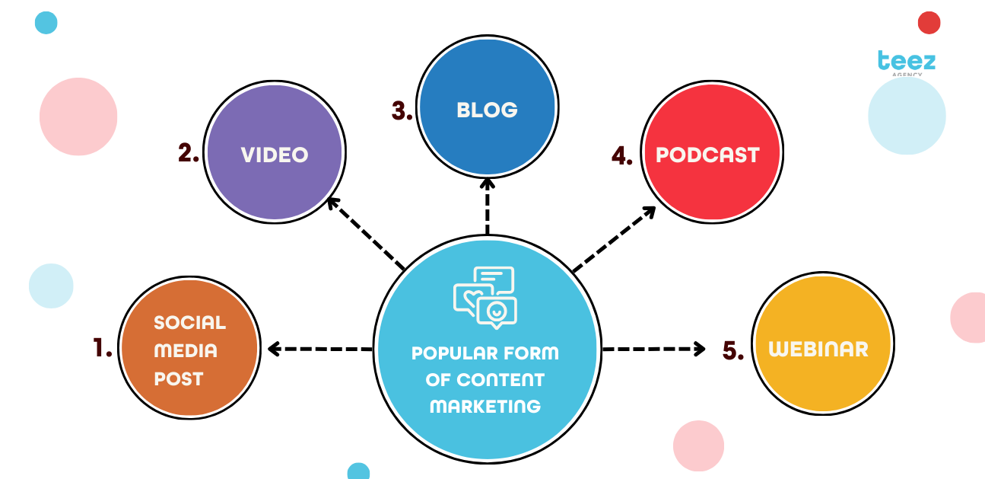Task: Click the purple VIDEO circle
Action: (x=275, y=155)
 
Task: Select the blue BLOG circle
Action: (x=487, y=109)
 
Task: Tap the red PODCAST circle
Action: (x=710, y=155)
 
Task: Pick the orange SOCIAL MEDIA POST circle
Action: (x=189, y=350)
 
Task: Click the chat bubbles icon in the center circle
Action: (x=485, y=297)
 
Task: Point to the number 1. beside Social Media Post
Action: (x=103, y=348)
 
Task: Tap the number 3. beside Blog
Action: (x=402, y=110)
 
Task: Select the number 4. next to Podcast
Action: (x=622, y=156)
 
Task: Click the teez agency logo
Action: (x=906, y=62)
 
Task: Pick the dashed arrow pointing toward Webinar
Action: (x=654, y=349)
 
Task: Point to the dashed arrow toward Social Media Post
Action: (x=319, y=349)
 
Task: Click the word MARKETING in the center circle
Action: (x=485, y=406)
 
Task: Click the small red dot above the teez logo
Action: (x=929, y=23)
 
